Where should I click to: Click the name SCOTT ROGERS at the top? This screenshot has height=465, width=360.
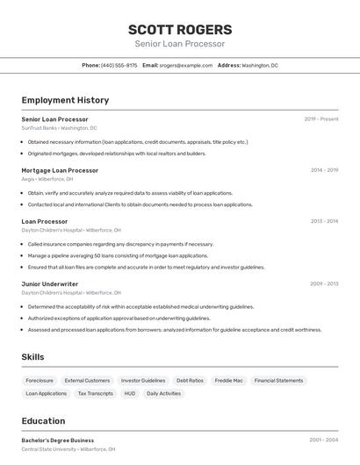tap(180, 29)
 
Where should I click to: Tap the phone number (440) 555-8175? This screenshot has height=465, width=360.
tap(119, 65)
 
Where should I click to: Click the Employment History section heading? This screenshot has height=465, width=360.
tap(65, 100)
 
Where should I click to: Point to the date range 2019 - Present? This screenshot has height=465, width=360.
tap(321, 118)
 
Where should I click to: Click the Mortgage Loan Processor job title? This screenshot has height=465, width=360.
tap(60, 170)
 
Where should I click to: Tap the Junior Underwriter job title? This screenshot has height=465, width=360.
tap(50, 284)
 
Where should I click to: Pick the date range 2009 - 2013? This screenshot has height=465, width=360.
tap(324, 284)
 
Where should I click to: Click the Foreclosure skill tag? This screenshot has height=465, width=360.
tap(40, 381)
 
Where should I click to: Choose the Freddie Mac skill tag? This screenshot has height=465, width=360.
tap(229, 381)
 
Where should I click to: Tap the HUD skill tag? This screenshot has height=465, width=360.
tap(130, 394)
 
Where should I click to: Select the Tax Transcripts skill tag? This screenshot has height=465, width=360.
tap(96, 394)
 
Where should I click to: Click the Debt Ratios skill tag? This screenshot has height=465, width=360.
tap(190, 381)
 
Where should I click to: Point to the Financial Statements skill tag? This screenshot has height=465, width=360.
tap(278, 381)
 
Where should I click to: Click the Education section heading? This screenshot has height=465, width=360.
tap(44, 421)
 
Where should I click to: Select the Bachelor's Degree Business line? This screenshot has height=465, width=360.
tap(58, 440)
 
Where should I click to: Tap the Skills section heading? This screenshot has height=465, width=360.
tap(32, 357)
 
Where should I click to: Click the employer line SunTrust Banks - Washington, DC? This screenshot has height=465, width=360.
tap(59, 128)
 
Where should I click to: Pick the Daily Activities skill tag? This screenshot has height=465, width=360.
tap(163, 394)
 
